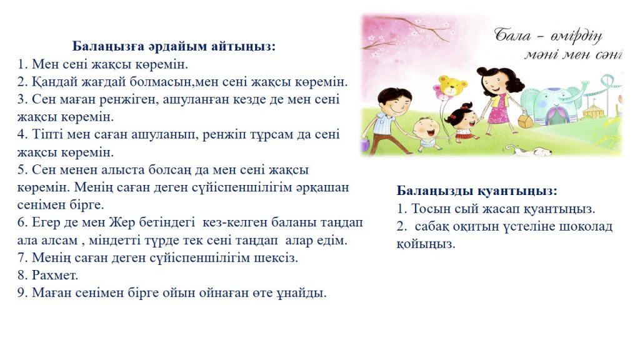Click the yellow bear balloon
click(x=452, y=86)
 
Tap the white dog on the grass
click(x=531, y=152)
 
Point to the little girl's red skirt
click(x=463, y=134)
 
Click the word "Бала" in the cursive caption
click(x=512, y=36)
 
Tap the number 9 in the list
click(x=22, y=292)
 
